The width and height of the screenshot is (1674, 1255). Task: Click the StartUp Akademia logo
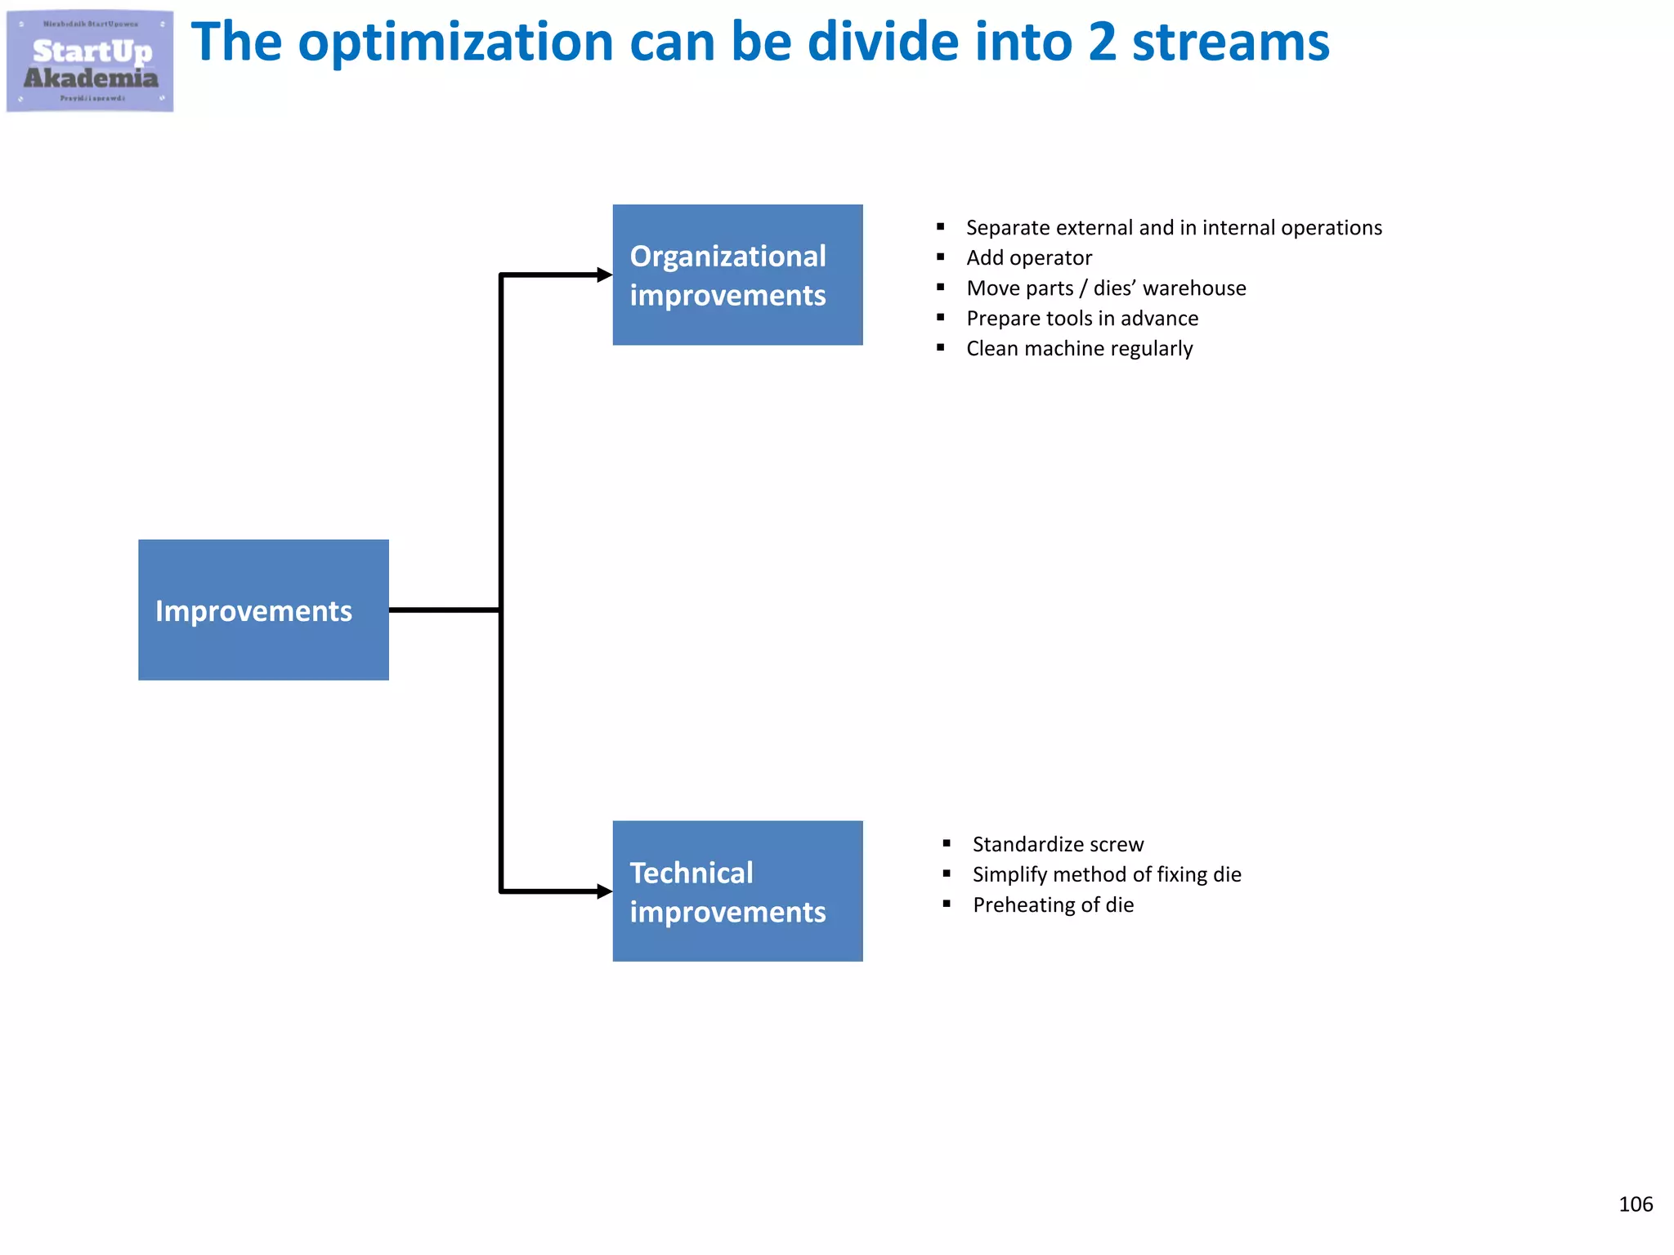pos(90,61)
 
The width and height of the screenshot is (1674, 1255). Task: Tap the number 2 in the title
pos(1102,42)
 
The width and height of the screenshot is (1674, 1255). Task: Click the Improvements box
pos(263,610)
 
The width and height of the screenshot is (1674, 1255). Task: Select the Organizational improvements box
pos(737,275)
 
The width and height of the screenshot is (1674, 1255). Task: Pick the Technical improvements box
pos(737,891)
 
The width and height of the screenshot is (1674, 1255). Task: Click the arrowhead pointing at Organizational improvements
pos(605,275)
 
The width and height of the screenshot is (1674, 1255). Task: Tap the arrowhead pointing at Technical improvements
pos(605,891)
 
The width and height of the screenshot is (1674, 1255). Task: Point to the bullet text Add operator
pos(1028,258)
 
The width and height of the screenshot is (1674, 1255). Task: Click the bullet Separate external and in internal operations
pos(1174,228)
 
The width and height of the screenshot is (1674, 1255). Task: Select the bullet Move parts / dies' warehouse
pos(1106,288)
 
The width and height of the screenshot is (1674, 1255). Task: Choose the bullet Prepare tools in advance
pos(1082,319)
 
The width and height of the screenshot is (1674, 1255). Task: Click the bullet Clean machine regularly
pos(1079,349)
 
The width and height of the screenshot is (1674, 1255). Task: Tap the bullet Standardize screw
pos(1058,844)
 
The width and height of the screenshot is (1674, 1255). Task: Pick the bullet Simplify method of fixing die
pos(1107,874)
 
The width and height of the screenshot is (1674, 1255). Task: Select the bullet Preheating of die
pos(1053,904)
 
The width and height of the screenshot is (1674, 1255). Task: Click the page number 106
pos(1635,1204)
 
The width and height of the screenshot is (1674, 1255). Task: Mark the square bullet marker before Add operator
pos(941,257)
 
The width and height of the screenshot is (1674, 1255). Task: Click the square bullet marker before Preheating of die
pos(947,904)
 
